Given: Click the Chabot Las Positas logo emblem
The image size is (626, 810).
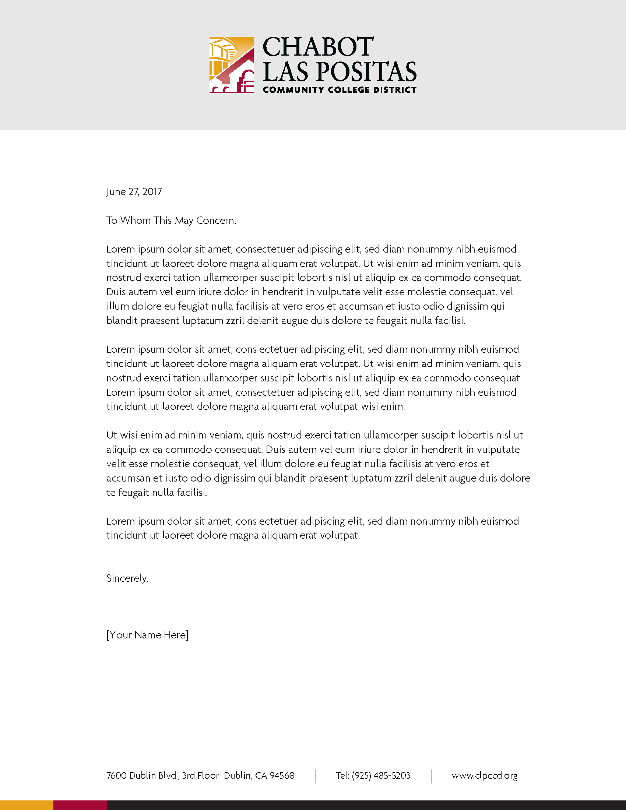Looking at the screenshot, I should [231, 65].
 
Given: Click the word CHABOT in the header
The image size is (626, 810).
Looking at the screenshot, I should [318, 47].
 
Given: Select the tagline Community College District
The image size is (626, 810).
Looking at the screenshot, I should [340, 90].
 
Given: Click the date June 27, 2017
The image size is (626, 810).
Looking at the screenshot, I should [134, 192].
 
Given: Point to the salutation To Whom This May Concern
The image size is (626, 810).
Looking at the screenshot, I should [171, 221].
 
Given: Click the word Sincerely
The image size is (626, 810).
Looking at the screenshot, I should [127, 578].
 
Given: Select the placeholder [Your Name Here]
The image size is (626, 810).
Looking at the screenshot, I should [147, 635].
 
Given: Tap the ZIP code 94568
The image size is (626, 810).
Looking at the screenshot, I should [282, 776].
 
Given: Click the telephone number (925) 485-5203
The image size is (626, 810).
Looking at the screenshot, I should [381, 776].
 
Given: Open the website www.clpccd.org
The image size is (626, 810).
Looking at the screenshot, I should [484, 776].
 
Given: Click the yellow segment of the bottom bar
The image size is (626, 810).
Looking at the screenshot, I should [27, 805].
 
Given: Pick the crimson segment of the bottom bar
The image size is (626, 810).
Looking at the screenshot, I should [80, 805].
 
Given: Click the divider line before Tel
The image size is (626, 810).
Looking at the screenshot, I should [316, 776].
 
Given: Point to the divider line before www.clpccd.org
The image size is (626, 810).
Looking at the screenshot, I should [432, 776].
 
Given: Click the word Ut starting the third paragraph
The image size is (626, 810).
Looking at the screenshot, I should [112, 435].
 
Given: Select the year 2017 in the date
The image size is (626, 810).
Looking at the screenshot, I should [152, 192].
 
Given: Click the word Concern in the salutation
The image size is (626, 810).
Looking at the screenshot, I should [216, 221].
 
